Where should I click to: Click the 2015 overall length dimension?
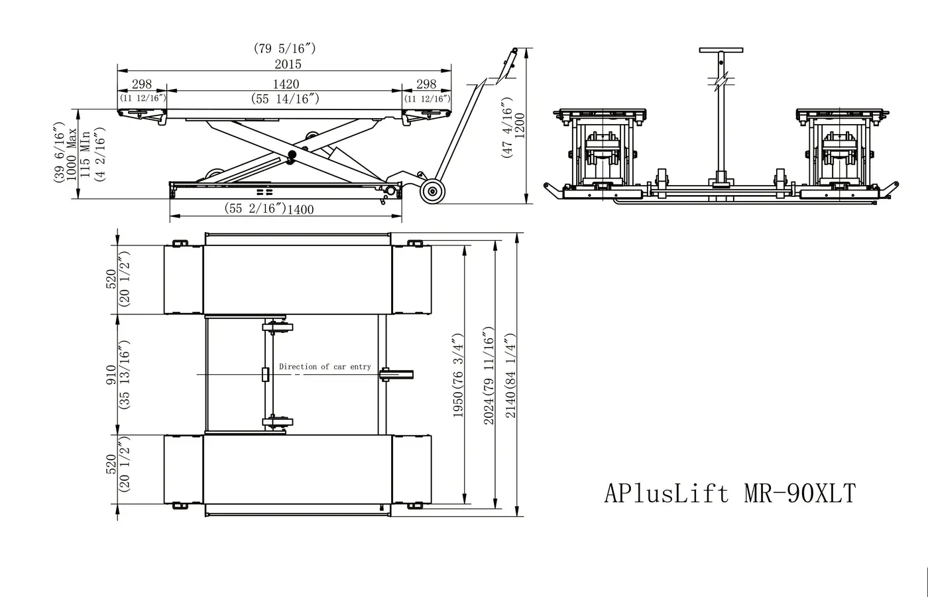click(287, 64)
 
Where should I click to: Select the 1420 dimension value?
click(286, 84)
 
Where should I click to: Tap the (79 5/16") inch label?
click(284, 48)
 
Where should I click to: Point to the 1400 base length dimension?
click(300, 210)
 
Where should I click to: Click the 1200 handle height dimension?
click(520, 125)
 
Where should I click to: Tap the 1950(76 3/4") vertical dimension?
click(458, 375)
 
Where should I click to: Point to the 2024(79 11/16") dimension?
click(489, 375)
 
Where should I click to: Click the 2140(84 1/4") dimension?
click(510, 375)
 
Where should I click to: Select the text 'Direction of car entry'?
click(325, 366)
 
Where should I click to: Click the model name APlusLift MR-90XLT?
click(730, 494)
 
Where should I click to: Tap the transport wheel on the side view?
click(433, 192)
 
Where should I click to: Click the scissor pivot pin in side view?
click(291, 157)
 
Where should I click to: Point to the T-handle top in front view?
click(721, 50)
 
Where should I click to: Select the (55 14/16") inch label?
click(286, 98)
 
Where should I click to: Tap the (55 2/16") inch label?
click(256, 209)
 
